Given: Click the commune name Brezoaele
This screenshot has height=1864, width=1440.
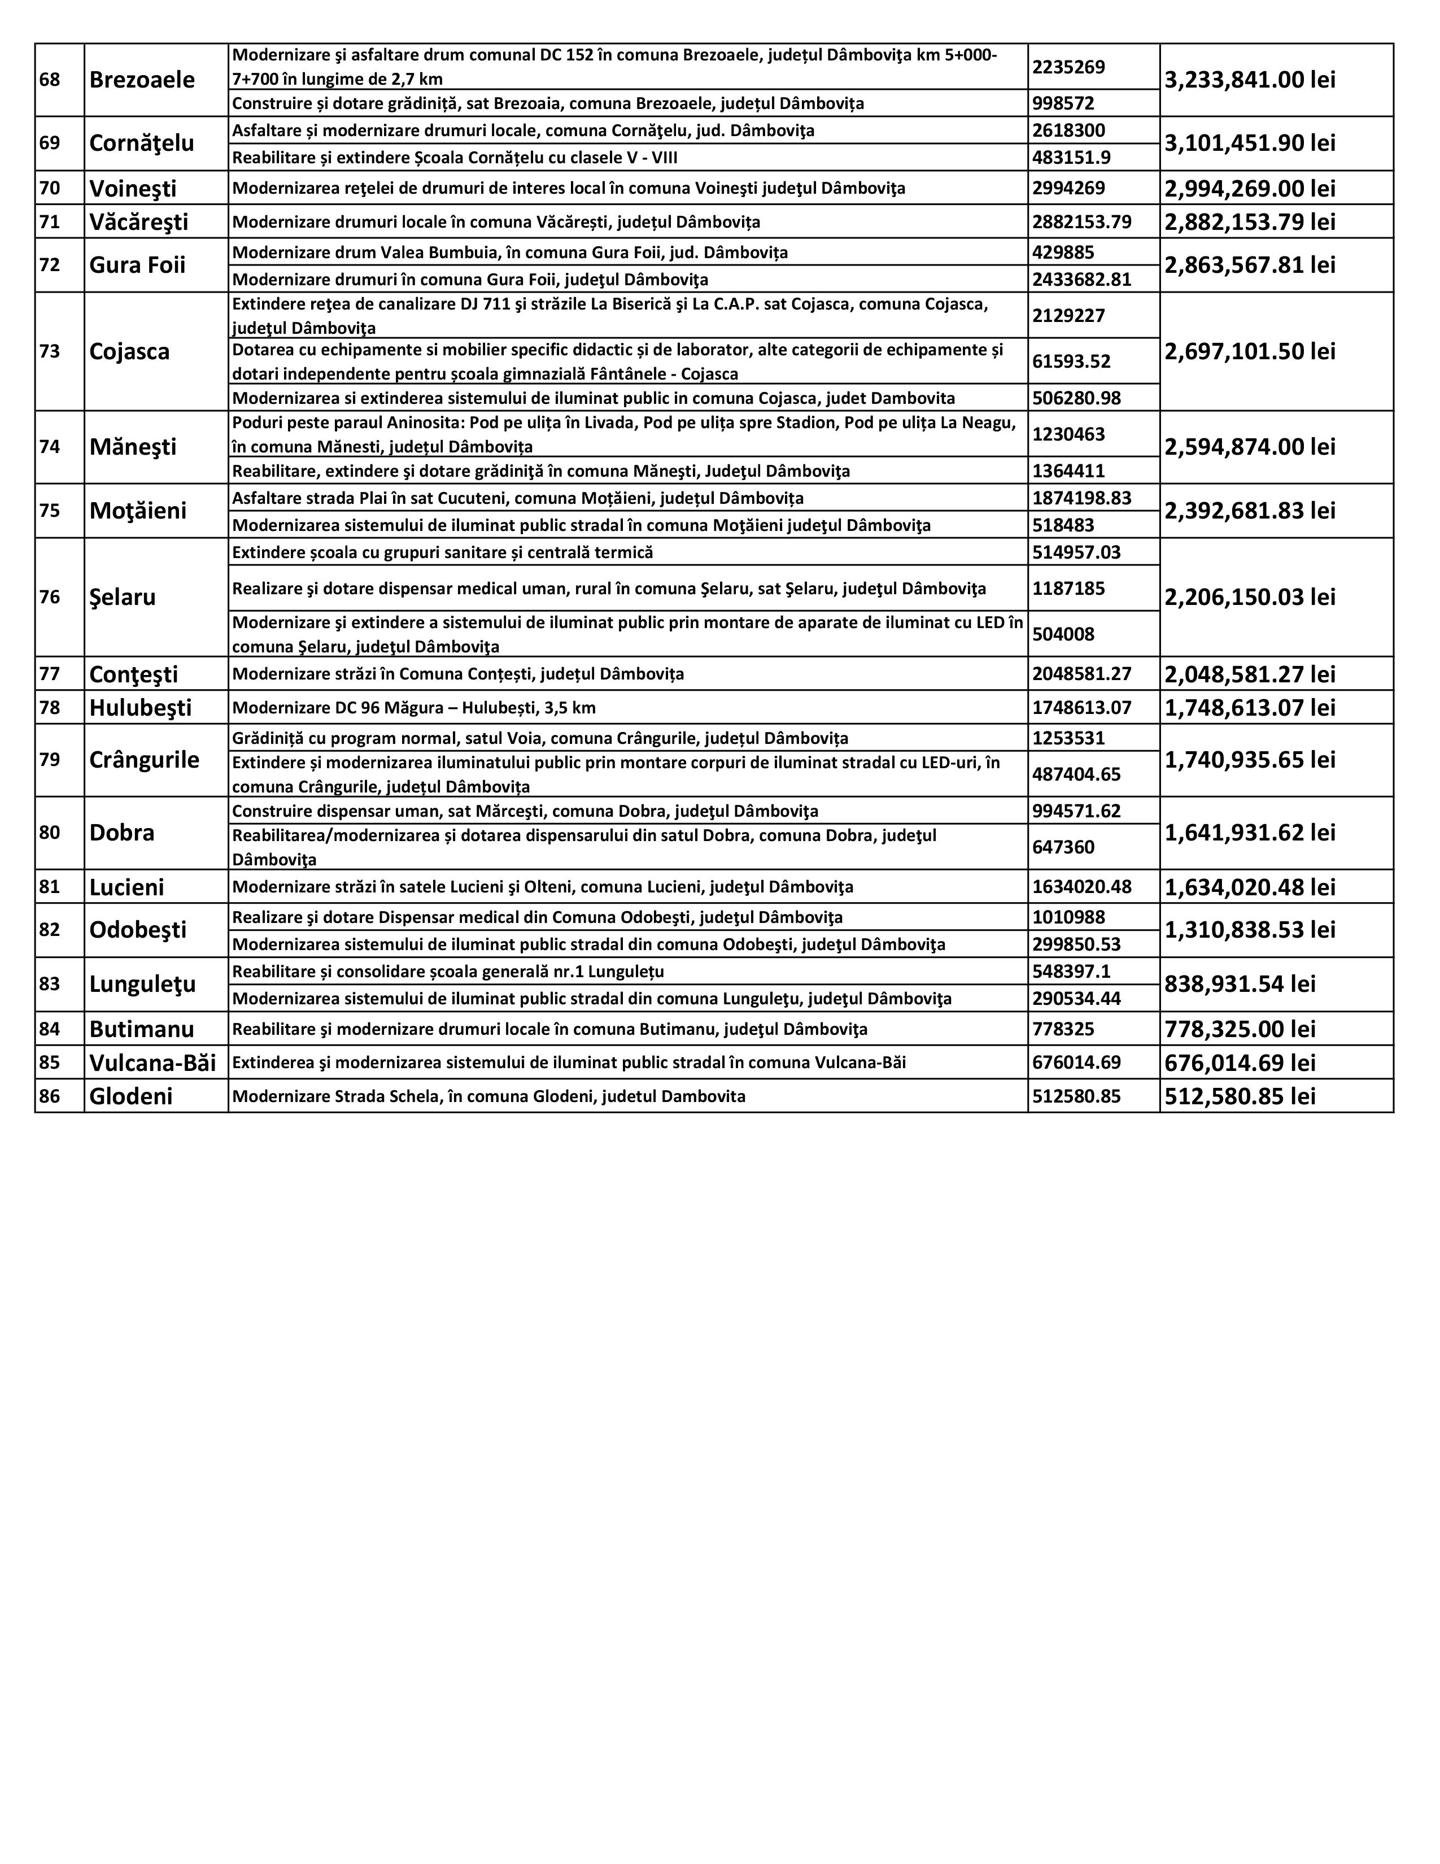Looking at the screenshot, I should coord(142,80).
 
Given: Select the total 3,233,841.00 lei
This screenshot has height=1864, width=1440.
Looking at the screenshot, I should coord(1250,80).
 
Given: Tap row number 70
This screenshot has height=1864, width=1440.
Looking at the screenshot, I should coord(50,188).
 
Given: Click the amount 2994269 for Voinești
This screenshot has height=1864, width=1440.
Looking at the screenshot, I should coord(1069,188).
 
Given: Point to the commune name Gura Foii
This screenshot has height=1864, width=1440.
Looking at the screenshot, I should coord(137,264).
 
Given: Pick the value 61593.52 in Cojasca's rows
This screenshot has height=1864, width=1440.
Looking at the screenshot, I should coord(1071,361).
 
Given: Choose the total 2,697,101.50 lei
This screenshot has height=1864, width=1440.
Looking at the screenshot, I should coord(1250,352).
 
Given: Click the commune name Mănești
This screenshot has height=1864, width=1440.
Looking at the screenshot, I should coord(133,447).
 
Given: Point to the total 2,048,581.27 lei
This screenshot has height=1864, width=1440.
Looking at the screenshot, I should coord(1250,674).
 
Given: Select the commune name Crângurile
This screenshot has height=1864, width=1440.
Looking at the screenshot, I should coord(144,760).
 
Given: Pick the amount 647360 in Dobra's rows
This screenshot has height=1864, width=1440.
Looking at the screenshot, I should coord(1063,847).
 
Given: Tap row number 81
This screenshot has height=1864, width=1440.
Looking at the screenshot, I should coord(50,887).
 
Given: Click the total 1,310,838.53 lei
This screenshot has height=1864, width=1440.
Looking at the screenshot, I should coord(1250,929).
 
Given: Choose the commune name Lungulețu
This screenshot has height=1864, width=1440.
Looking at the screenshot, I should coord(142,984).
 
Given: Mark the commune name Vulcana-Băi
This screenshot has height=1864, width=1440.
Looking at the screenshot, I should coord(152,1062).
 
